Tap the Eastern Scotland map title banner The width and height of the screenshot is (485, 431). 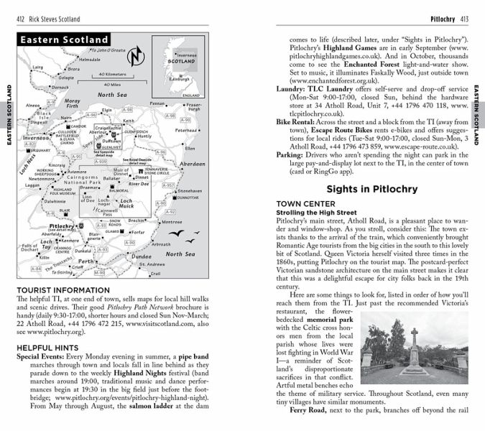click(x=65, y=40)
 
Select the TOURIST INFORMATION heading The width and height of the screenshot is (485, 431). click(x=63, y=291)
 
